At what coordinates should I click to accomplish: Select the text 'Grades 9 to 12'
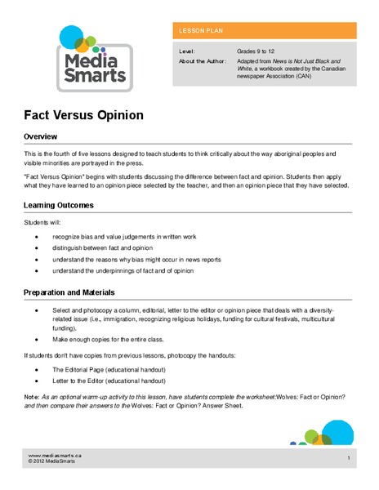click(x=256, y=51)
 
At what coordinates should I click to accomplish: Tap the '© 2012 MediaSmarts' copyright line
click(x=53, y=461)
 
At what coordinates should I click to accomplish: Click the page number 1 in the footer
click(x=349, y=458)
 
